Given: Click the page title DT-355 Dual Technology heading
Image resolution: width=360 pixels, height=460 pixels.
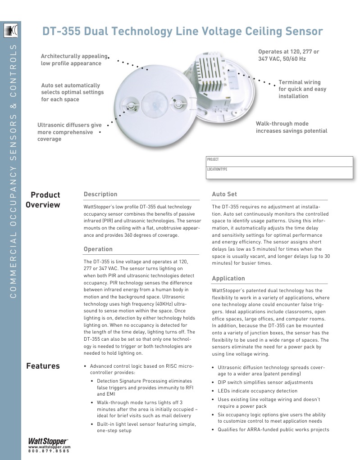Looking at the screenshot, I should (182, 31).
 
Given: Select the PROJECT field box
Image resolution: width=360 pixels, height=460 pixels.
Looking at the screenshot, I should (279, 161).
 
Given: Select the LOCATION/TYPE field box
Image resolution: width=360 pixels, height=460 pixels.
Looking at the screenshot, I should (279, 172).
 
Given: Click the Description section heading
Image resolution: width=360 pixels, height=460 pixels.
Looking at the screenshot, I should (100, 194).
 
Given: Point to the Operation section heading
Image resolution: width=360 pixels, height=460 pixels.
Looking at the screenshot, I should (98, 249).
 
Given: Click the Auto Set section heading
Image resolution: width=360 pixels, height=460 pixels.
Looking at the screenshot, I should (224, 194).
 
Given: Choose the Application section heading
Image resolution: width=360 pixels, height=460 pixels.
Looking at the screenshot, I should (228, 278).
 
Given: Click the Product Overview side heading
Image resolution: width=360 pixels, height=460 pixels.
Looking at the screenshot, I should (43, 200).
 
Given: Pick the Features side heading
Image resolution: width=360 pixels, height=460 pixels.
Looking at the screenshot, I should (43, 366).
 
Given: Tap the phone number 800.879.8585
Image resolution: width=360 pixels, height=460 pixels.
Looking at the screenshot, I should (49, 451).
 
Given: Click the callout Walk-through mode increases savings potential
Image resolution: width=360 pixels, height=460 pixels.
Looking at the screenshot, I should (292, 127).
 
